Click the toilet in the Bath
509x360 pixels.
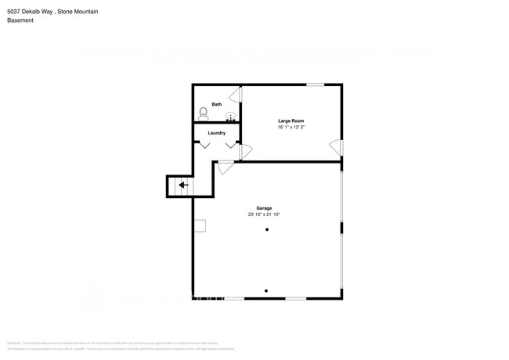(202, 113)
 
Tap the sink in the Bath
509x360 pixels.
(231, 117)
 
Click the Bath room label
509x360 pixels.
(217, 104)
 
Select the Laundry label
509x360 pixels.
(217, 133)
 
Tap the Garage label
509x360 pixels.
(266, 207)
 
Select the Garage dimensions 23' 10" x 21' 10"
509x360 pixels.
(266, 214)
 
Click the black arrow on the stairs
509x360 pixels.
(182, 185)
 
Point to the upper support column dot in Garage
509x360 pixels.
(266, 229)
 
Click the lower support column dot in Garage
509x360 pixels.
(266, 290)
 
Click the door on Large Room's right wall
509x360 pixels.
(336, 147)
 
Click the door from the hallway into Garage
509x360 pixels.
(226, 166)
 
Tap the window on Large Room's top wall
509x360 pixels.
(316, 85)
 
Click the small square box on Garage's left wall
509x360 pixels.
(200, 226)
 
